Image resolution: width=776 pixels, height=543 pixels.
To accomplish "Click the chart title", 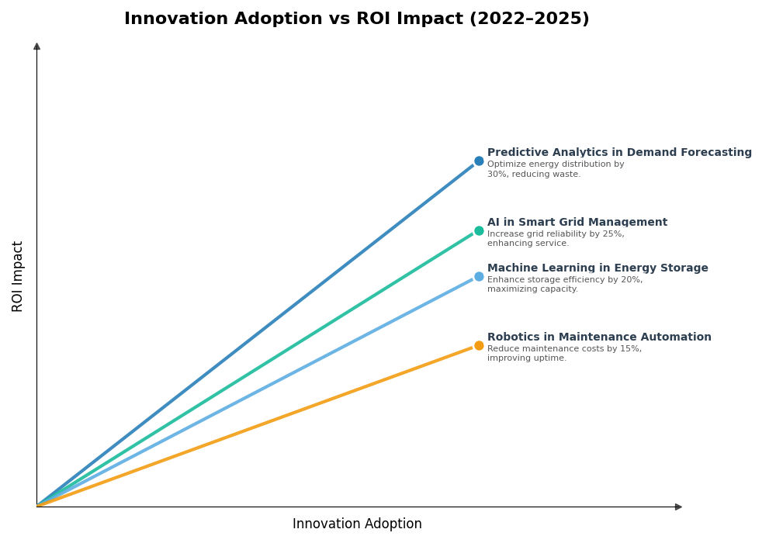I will point(356,19).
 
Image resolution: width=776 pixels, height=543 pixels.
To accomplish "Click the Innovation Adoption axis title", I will point(357,524).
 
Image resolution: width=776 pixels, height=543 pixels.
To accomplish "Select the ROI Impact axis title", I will point(18,276).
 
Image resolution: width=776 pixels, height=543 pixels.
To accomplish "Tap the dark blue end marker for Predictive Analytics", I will point(479,161).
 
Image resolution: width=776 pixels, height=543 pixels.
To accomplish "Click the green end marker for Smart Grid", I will point(479,230).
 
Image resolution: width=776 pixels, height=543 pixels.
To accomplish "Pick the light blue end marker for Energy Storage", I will point(479,276).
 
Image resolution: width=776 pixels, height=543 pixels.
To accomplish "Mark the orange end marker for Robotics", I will point(479,345).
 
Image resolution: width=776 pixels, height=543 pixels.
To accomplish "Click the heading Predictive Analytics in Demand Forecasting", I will point(619,153).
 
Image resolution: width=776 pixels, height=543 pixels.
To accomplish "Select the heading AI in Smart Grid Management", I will point(577,223).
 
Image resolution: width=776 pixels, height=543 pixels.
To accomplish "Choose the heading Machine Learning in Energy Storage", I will point(598,268).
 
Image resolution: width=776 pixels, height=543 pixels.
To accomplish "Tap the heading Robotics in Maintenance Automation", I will point(599,337).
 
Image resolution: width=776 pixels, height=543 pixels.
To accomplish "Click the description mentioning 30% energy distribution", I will point(555,169).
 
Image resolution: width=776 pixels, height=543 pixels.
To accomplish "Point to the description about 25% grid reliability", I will point(555,239).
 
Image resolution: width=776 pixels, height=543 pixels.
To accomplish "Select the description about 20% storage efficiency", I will point(564,285).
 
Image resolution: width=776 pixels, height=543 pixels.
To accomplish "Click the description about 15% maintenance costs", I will point(564,354).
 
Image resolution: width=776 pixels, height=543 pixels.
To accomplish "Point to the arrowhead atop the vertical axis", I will point(36,47).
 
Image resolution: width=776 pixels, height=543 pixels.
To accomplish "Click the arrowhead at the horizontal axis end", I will point(678,507).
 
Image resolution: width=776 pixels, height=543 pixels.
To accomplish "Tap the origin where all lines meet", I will point(37,506).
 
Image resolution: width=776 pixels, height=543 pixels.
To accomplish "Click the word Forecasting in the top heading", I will point(715,153).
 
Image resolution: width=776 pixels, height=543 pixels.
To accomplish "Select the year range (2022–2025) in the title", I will point(529,19).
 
